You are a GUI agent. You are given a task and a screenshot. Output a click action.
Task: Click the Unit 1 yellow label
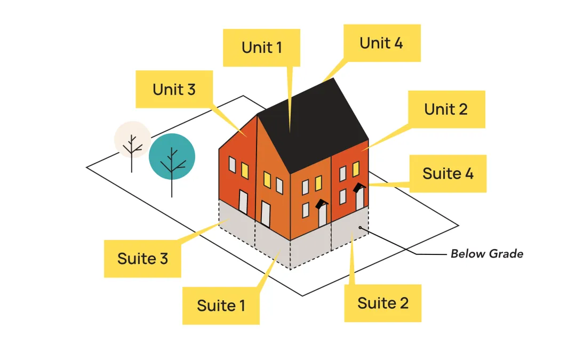point(261,47)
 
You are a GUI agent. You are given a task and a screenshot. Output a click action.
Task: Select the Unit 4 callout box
point(381,43)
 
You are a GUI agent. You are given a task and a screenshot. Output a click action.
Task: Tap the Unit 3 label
point(174,89)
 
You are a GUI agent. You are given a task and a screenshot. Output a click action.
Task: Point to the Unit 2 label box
point(446,109)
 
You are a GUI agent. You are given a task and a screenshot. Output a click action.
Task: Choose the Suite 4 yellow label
point(448,173)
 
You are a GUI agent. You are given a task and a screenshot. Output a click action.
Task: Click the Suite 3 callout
point(142,259)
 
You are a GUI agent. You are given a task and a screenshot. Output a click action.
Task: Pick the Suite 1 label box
point(221,306)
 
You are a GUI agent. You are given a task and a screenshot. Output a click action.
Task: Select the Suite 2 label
point(382,303)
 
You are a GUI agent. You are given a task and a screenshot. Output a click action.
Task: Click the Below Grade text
point(486,254)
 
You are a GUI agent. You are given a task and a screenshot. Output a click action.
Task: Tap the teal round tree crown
point(172,156)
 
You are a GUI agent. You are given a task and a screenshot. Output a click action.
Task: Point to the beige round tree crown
point(132,139)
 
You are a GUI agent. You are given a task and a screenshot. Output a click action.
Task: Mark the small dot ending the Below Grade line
point(361,228)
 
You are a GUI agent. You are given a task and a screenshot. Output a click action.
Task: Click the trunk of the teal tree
point(172,184)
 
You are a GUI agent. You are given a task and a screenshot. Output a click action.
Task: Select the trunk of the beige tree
point(132,163)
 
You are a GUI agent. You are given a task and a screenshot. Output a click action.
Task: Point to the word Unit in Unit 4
point(372,43)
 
